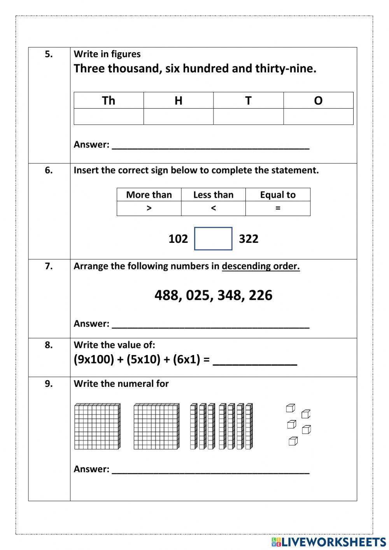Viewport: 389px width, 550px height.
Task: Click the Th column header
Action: (109, 100)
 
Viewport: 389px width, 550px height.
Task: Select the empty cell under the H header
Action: (178, 117)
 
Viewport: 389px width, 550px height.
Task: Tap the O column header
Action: (318, 100)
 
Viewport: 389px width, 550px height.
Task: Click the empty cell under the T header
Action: (248, 117)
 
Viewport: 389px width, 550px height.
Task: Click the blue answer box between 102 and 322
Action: (213, 239)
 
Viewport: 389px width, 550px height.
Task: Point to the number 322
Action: (249, 239)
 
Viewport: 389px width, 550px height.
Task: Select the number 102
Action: (178, 239)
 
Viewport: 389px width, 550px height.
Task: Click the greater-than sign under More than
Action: (149, 208)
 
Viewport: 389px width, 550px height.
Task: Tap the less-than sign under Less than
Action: (213, 208)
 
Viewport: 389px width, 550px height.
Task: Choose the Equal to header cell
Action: (278, 195)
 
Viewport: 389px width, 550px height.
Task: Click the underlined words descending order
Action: (261, 266)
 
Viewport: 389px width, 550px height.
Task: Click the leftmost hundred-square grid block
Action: (97, 426)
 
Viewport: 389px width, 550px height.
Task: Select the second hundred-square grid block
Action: (156, 426)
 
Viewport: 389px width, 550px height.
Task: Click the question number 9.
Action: (49, 384)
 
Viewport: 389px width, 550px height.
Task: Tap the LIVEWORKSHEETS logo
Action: (329, 541)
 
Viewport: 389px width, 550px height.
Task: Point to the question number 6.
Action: (49, 170)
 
